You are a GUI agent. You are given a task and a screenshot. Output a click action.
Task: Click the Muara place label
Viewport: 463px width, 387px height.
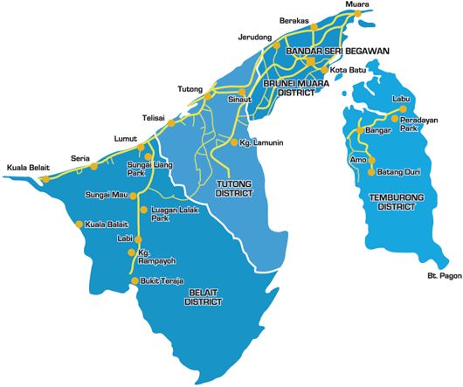[x=357, y=5]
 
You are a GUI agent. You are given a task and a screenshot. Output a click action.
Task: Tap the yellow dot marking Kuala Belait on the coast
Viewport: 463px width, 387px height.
[x=45, y=179]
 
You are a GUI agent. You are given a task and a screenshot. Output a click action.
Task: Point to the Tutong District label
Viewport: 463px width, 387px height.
[x=233, y=189]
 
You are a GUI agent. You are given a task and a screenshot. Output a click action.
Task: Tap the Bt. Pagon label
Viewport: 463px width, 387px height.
[x=444, y=277]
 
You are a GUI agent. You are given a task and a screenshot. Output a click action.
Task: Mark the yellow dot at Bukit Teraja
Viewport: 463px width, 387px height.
[x=134, y=281]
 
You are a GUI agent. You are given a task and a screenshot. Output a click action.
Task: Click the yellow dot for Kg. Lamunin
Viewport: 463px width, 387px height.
[x=231, y=142]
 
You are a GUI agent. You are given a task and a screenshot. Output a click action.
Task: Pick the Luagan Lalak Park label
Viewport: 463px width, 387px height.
[x=171, y=213]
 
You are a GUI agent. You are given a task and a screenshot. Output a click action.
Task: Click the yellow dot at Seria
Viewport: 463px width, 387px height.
[x=93, y=166]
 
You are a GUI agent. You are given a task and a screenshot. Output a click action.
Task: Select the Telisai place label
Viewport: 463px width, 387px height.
[x=153, y=118]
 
